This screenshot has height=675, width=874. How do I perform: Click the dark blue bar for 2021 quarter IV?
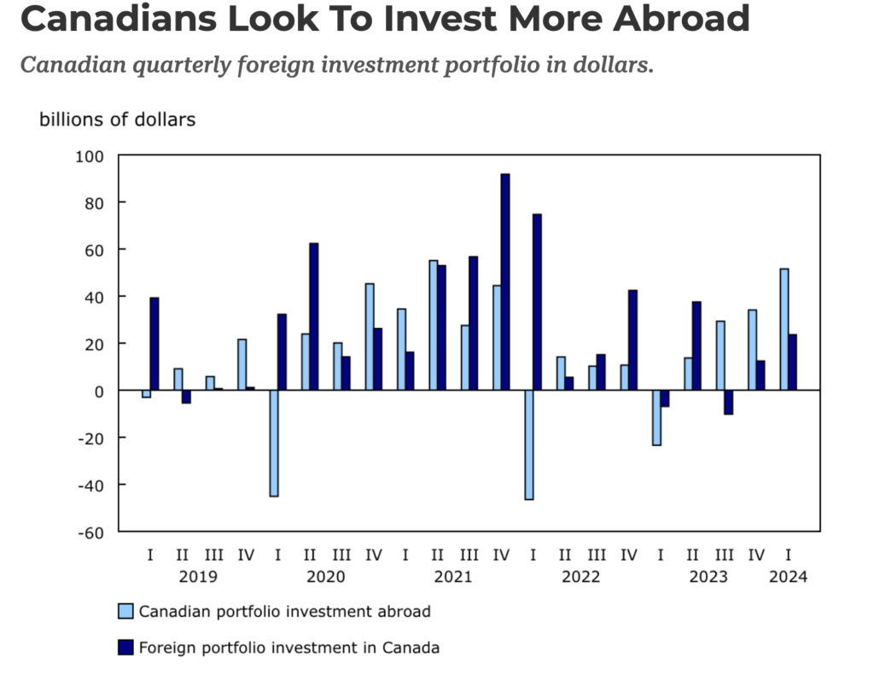pos(505,282)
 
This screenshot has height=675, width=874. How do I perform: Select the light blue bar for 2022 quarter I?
pos(529,444)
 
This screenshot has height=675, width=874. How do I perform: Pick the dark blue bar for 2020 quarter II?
pos(314,316)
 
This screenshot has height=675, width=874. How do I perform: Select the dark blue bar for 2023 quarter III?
pos(728,402)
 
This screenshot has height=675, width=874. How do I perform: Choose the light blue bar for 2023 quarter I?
pos(656,418)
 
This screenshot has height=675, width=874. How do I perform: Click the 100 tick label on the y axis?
pos(88,156)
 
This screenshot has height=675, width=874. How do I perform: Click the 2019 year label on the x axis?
pos(198,577)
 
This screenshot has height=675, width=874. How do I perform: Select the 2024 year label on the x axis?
pos(788,577)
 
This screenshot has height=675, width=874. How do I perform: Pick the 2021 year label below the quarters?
pos(452,577)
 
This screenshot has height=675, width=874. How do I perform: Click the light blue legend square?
pos(125,612)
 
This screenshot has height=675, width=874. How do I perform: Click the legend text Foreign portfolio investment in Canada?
pos(289,649)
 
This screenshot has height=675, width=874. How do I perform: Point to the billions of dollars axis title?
pos(117,120)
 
